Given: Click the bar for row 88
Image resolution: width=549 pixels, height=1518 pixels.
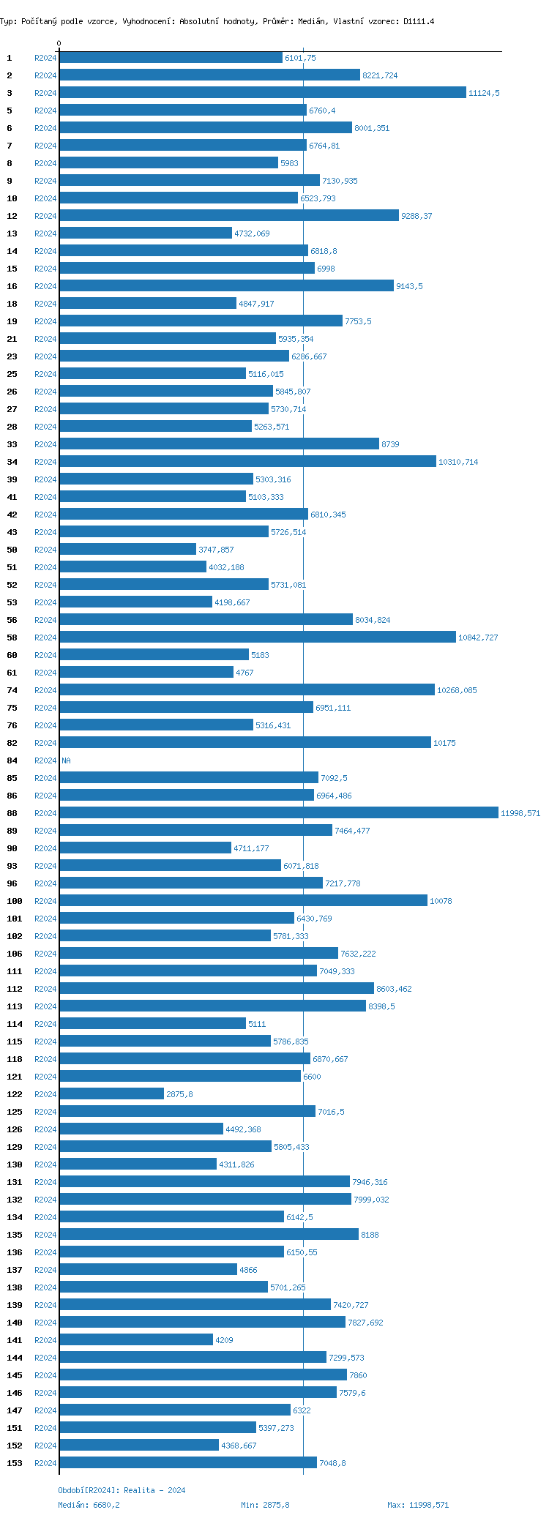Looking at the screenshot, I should point(278,812).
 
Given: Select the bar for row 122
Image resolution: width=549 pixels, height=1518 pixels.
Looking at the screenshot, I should point(111,1093).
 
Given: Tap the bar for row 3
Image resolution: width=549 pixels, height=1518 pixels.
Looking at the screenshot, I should point(262,92).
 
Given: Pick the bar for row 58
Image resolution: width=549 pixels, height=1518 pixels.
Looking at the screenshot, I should point(257,637).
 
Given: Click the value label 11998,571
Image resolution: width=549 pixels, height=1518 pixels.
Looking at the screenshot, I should point(520,813).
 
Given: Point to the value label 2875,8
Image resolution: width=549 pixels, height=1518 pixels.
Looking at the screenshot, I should point(179,1094).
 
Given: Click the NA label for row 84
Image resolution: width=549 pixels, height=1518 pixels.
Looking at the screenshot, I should point(66,760).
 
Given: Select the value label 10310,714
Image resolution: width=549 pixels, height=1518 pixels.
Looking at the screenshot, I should point(458,462).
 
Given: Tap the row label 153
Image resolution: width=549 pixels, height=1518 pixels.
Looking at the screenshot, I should point(15,1463).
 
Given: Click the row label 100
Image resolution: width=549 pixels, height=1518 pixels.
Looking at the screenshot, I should point(15,901).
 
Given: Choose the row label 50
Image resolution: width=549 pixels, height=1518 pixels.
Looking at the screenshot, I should point(12,550).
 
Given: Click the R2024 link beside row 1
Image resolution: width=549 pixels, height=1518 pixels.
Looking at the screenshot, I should point(45,58).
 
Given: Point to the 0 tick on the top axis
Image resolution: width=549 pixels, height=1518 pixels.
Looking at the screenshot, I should point(59,44).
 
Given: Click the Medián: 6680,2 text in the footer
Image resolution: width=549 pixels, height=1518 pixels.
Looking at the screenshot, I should point(89,1505).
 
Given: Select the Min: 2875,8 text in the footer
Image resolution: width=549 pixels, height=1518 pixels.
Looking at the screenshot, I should point(265,1505).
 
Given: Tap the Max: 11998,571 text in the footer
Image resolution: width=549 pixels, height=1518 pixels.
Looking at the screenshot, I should point(418,1505).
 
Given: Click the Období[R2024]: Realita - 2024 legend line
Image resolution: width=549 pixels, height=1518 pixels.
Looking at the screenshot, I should point(122,1490).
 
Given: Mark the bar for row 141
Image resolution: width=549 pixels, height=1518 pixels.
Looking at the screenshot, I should point(136,1339).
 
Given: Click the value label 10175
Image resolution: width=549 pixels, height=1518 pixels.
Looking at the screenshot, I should point(444,743).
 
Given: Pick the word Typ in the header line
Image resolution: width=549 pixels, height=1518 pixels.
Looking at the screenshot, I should point(7,21).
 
